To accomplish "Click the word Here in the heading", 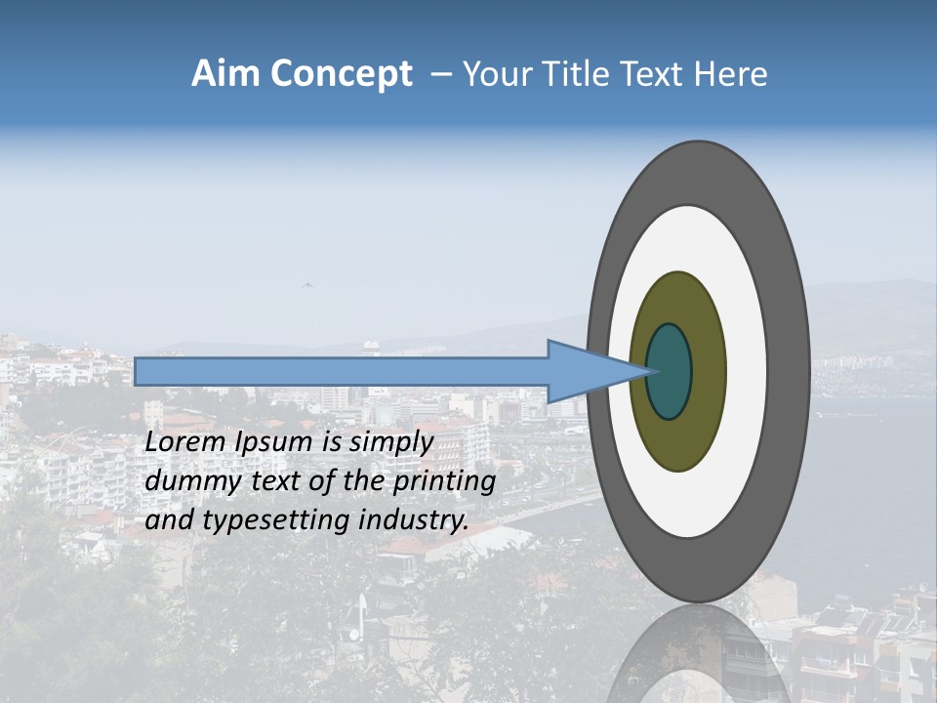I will [731, 74].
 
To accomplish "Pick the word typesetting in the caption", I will [262, 520].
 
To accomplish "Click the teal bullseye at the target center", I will [670, 371].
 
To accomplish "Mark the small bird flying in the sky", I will [307, 285].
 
